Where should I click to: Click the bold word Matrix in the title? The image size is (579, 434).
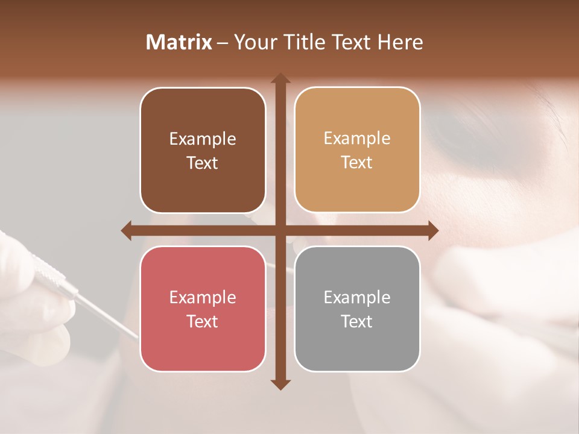tap(179, 42)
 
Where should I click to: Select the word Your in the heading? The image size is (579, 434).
tap(253, 42)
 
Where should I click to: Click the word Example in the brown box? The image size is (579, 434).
tap(203, 139)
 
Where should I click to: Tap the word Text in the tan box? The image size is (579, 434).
tap(357, 163)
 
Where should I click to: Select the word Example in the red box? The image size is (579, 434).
tap(203, 298)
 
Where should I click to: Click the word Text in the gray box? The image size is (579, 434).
tap(357, 321)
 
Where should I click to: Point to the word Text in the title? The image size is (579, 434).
tap(351, 42)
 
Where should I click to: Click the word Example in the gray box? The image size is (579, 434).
tap(357, 298)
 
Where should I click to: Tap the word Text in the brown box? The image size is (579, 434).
tap(203, 163)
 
